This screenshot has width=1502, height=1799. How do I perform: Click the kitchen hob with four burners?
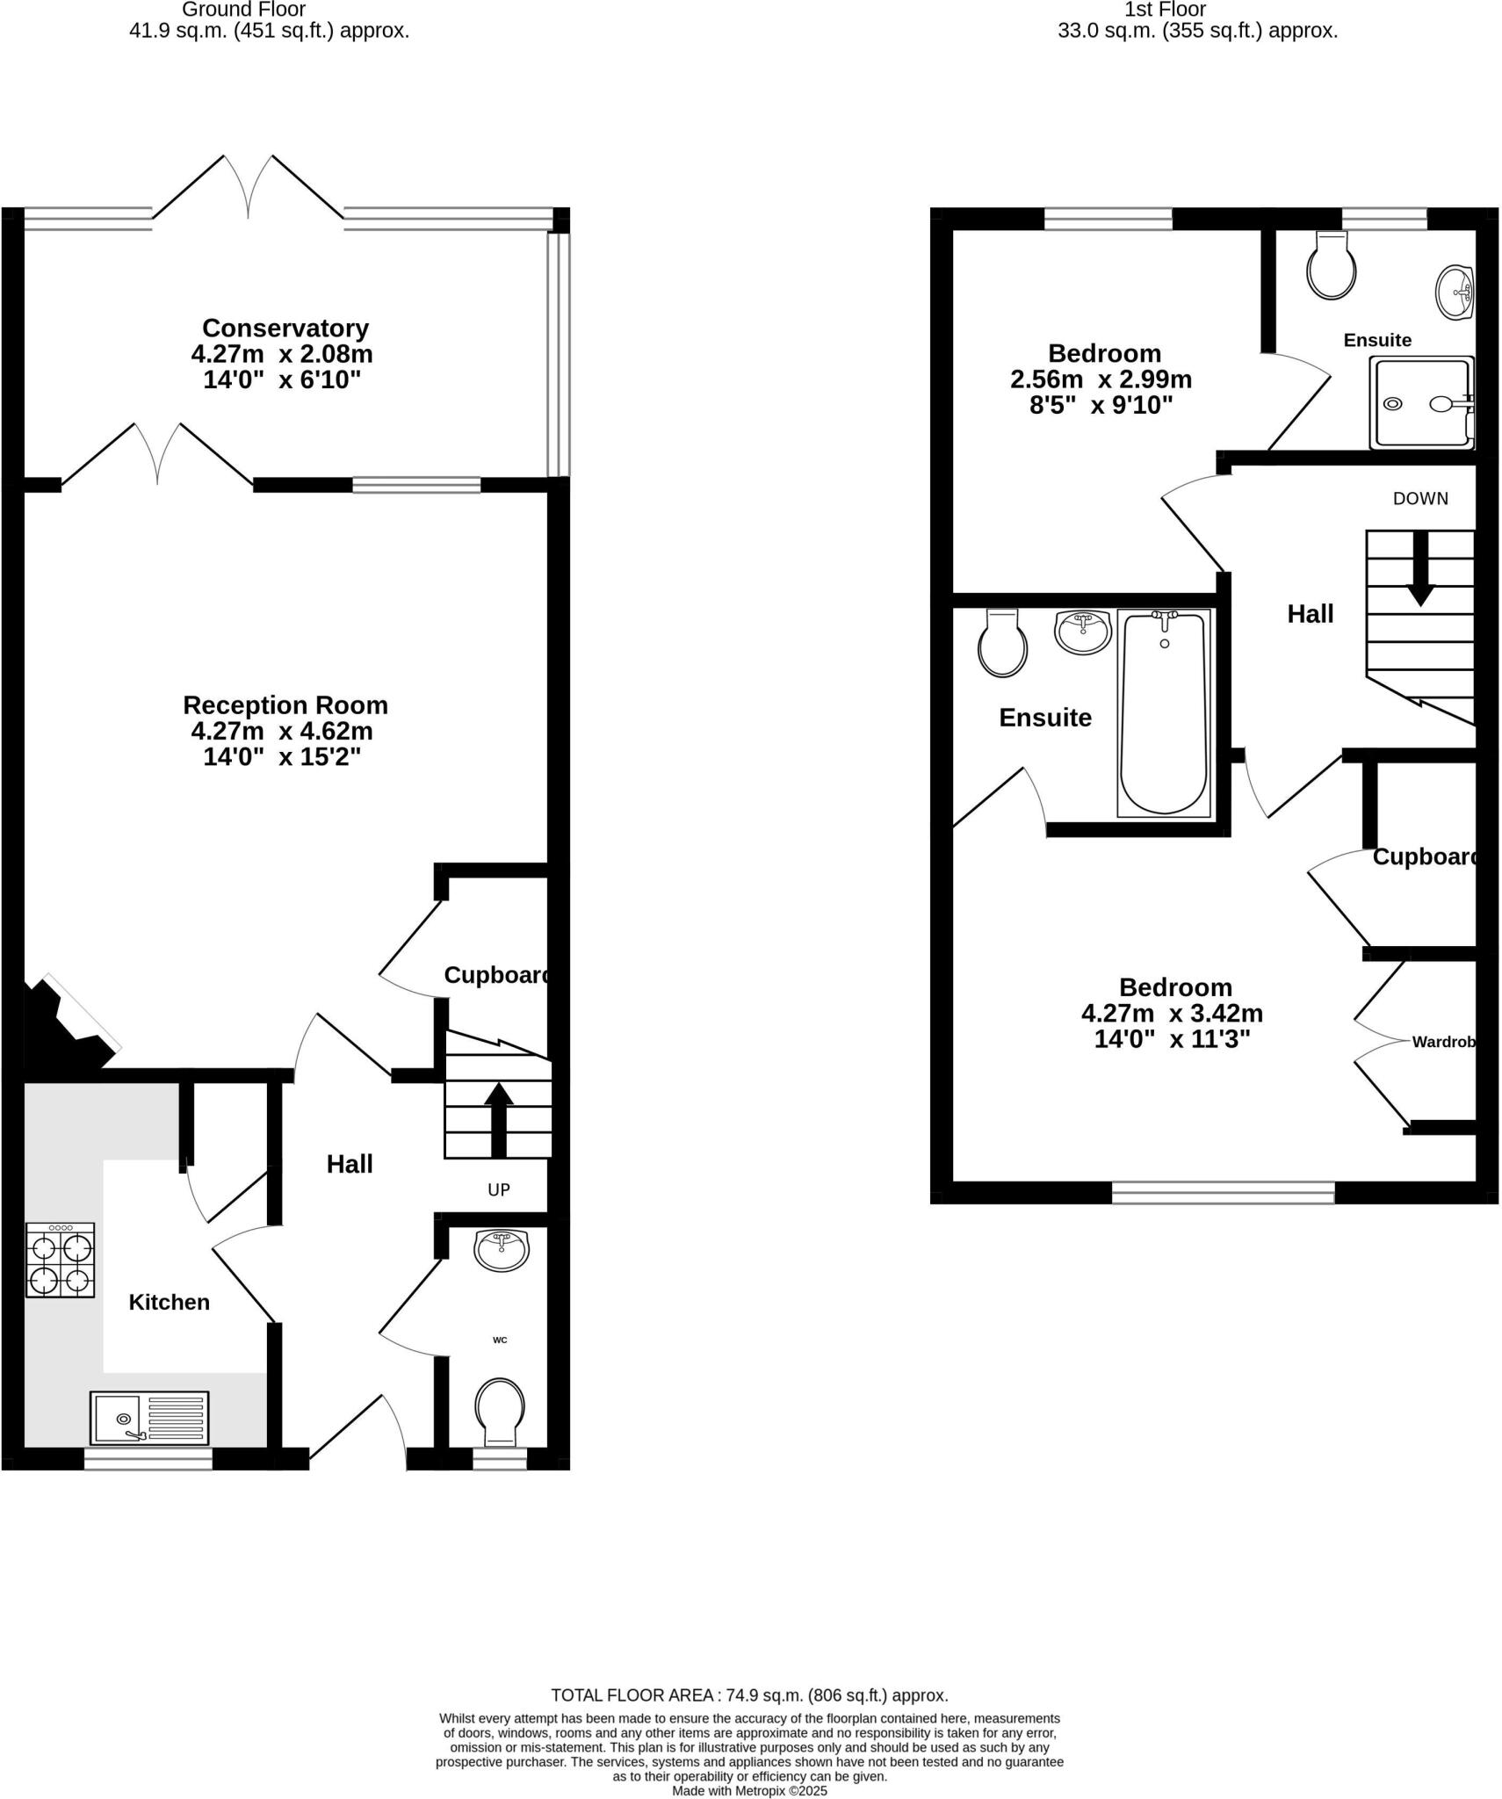[60, 1260]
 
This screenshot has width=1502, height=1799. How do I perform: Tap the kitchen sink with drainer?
[149, 1417]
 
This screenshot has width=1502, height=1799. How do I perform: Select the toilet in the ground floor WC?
[500, 1411]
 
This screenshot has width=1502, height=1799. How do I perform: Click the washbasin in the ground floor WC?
[502, 1250]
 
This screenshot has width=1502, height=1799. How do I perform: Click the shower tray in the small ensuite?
[1424, 402]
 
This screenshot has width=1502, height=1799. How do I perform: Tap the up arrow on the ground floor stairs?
[499, 1119]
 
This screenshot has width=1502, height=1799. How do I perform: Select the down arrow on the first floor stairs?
[1419, 568]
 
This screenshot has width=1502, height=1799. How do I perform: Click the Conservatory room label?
[285, 328]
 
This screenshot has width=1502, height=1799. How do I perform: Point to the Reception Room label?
[285, 704]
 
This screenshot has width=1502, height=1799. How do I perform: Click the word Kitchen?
[170, 1302]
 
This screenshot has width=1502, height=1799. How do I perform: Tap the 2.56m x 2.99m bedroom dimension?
[1101, 379]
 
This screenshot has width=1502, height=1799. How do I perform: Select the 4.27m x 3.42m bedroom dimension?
[1172, 1013]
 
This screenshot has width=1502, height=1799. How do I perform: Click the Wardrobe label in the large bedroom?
[1443, 1042]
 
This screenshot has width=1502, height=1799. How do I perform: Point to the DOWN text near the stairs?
[1420, 498]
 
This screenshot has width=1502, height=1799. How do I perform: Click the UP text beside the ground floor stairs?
[499, 1189]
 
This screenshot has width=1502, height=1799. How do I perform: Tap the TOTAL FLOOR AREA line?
[749, 1694]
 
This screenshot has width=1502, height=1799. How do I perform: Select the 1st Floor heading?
[1165, 10]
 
